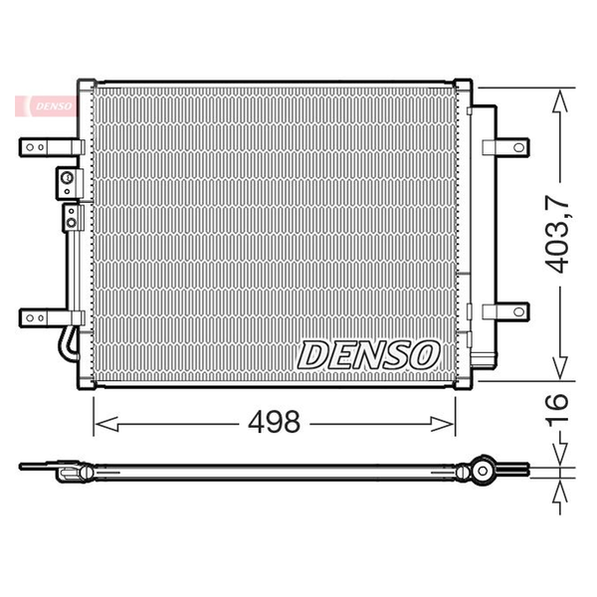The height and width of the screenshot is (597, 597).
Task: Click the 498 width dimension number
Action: (274, 422)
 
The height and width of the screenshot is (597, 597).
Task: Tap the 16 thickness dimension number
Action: (557, 407)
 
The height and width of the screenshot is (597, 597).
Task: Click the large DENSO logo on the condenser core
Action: (368, 355)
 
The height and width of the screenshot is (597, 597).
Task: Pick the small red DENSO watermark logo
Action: (47, 106)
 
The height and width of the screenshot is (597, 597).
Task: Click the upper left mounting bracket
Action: (52, 147)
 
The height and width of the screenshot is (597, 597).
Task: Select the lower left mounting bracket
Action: (52, 317)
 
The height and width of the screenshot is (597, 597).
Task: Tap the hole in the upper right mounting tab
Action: (518, 147)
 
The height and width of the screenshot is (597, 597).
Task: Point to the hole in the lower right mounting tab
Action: (518, 311)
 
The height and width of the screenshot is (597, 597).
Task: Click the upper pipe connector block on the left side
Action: (69, 183)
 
